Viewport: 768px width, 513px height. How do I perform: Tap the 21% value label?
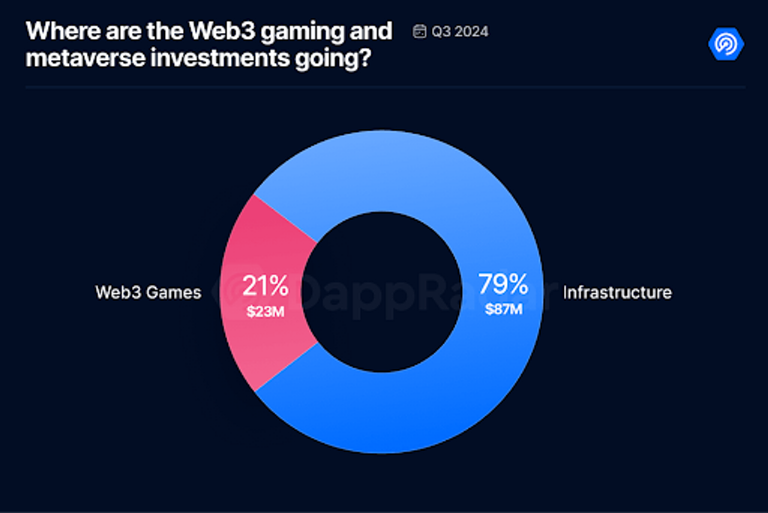point(265,285)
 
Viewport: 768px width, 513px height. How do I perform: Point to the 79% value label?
point(503,284)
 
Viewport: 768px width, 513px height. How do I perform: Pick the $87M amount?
point(503,309)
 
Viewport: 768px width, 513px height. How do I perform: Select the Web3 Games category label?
point(148,292)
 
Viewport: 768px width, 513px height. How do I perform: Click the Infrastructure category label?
point(617,292)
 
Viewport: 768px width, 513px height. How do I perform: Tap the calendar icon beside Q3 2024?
point(419,31)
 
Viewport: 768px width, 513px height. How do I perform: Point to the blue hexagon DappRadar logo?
point(725,43)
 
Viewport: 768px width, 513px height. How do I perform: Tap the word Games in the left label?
point(174,292)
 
